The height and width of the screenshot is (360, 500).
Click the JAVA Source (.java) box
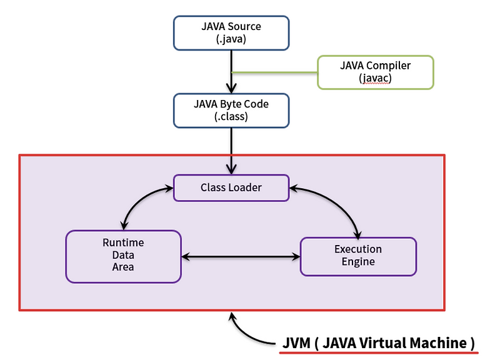(x=231, y=33)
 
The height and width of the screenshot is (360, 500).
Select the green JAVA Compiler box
(x=375, y=72)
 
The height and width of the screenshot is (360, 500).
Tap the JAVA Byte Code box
(x=231, y=111)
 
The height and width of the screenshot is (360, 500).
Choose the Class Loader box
(x=231, y=187)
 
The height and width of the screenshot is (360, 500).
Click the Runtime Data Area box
(x=123, y=256)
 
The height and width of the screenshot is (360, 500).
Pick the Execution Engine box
(x=358, y=256)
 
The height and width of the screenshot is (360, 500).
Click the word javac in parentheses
(x=375, y=79)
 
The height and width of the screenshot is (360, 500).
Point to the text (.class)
(x=231, y=117)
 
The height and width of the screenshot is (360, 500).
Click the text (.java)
(x=231, y=39)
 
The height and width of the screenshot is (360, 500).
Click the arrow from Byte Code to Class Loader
(x=231, y=150)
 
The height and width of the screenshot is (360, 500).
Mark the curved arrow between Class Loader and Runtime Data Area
(x=141, y=200)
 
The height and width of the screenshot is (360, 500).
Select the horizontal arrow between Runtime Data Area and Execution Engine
(x=241, y=256)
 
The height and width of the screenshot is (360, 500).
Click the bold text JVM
(x=296, y=343)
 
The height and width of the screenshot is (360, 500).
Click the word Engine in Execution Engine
(x=358, y=262)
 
